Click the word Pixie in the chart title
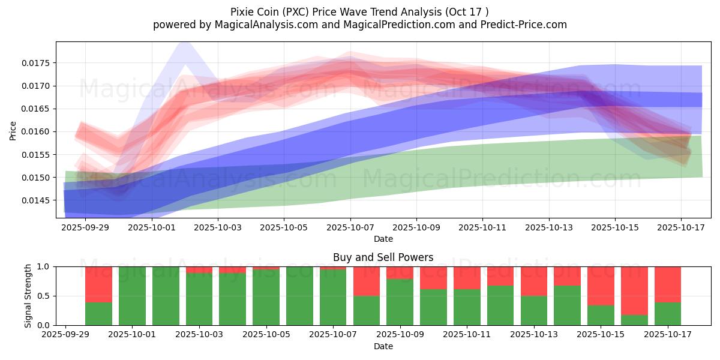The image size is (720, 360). pyautogui.click(x=242, y=12)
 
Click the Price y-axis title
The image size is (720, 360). pyautogui.click(x=13, y=130)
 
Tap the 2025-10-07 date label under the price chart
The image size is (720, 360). pyautogui.click(x=351, y=227)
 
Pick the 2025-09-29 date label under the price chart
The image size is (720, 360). pyautogui.click(x=85, y=227)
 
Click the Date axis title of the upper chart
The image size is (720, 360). pyautogui.click(x=383, y=239)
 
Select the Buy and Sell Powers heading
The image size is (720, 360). pyautogui.click(x=383, y=257)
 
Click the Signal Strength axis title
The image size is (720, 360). pyautogui.click(x=28, y=295)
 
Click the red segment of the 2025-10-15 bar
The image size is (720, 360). pyautogui.click(x=601, y=286)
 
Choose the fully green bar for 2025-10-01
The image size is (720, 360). pyautogui.click(x=132, y=296)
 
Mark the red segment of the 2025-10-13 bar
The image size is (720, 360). pyautogui.click(x=534, y=281)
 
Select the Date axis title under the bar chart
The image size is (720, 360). pyautogui.click(x=383, y=346)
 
